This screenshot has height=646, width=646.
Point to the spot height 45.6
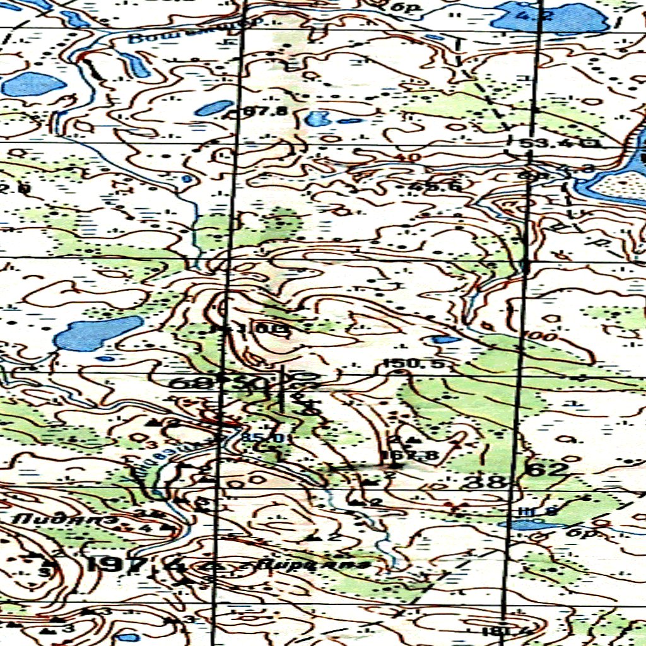[435, 187]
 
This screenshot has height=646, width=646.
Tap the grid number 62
[546, 469]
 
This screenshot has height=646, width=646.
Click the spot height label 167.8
[410, 455]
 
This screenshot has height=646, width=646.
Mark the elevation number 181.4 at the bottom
[495, 631]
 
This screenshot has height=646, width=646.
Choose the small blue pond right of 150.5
[447, 339]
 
